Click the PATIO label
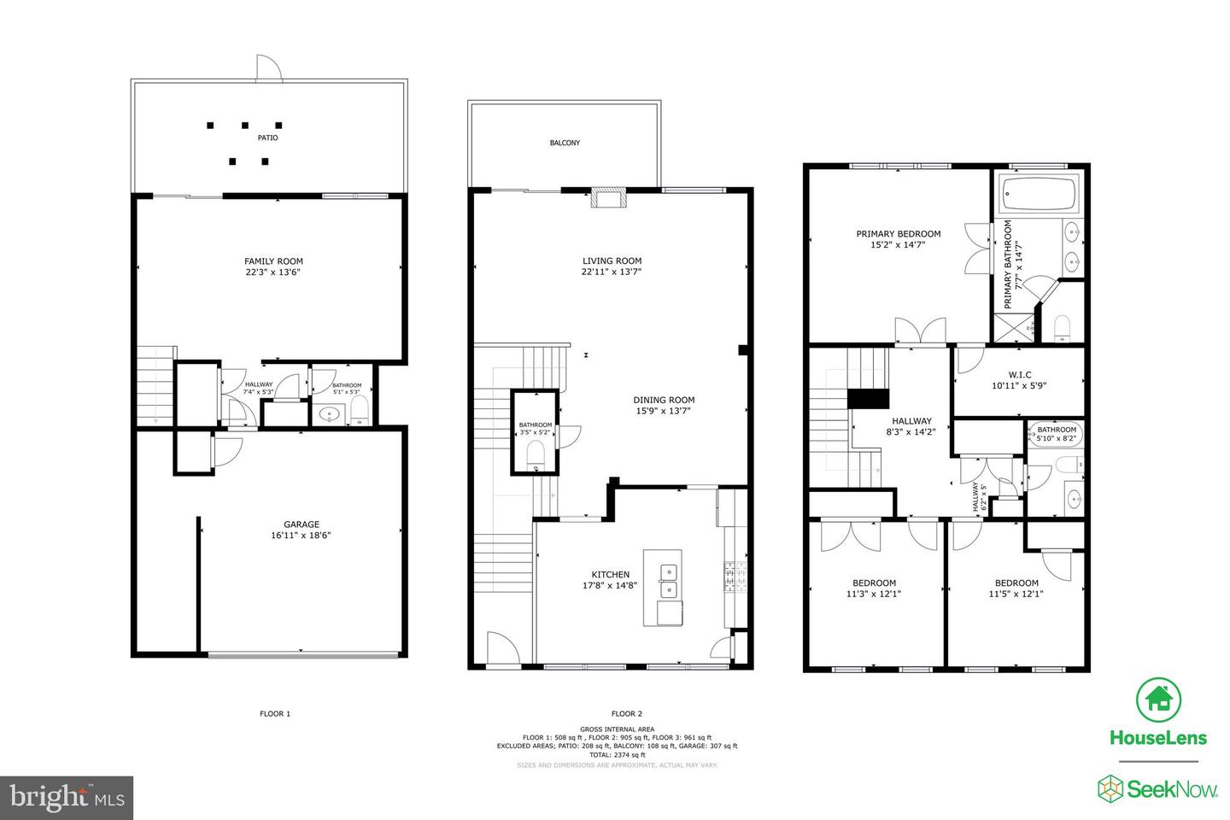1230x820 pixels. (267, 138)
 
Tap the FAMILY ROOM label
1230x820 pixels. (273, 261)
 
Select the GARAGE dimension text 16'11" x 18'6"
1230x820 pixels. (301, 536)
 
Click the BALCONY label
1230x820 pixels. (565, 143)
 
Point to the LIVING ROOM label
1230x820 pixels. (612, 261)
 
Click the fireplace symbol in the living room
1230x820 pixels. (609, 199)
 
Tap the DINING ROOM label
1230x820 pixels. (664, 400)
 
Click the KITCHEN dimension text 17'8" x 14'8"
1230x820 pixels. (610, 586)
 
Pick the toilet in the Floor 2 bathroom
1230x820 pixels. (536, 452)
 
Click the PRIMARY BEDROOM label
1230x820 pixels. (898, 234)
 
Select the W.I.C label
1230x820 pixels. (1018, 375)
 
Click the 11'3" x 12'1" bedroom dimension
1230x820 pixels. (873, 594)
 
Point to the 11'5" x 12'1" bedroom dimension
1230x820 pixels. (1016, 594)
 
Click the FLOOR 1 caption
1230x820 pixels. (275, 713)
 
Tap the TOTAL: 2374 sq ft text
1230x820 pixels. (616, 754)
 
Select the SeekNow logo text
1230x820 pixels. (1173, 788)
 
